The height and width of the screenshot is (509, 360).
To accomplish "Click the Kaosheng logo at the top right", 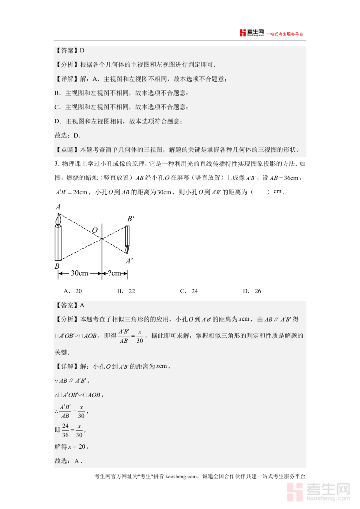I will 252,33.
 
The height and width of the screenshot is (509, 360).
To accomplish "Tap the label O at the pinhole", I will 95,230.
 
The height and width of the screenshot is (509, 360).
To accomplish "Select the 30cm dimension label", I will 79,273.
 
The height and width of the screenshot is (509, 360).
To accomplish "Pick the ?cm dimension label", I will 114,273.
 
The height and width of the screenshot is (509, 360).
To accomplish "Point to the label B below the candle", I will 57,266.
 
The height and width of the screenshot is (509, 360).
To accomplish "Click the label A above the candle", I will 58,207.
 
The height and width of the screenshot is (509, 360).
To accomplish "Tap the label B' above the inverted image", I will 130,219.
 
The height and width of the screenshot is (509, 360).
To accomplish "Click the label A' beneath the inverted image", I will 129,261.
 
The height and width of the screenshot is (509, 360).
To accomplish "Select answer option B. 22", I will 126,291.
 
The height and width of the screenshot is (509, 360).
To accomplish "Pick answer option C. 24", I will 189,291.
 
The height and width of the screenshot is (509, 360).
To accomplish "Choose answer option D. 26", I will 252,291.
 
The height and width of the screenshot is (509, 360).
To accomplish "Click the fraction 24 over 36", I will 66,430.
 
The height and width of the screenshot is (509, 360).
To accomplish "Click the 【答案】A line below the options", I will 70,305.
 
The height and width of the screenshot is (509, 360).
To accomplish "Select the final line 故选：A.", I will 68,461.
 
